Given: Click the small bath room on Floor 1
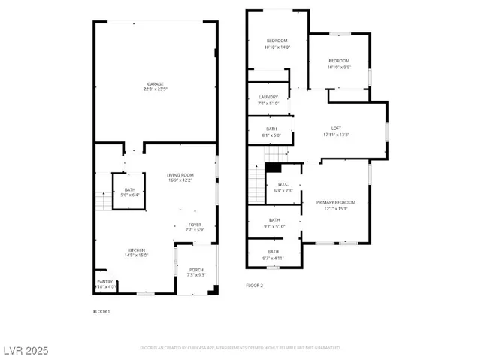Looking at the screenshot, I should point(129,192).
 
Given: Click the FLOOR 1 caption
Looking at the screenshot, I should point(101,311).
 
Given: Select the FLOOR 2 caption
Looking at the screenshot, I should point(255,286).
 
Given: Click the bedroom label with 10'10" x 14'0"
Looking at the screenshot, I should point(277,44).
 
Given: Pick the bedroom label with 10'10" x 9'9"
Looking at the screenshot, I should point(338,64).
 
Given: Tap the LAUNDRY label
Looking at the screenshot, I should point(268,100).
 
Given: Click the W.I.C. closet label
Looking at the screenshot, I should point(283,188).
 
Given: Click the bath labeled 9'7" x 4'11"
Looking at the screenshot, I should point(273,254).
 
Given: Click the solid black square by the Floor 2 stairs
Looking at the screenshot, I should point(276,168).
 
